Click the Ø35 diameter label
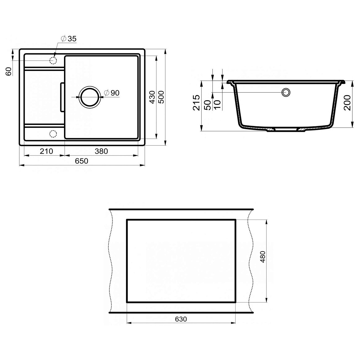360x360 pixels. [68, 39]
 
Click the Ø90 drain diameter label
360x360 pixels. [112, 93]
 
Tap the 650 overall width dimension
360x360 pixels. [82, 161]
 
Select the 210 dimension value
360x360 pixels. [47, 151]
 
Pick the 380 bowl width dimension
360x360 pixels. [101, 151]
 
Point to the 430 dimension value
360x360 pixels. [152, 97]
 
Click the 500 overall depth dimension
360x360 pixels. [161, 97]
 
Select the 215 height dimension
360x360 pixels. [196, 102]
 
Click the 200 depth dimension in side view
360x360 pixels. [347, 102]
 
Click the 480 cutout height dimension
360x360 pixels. [263, 256]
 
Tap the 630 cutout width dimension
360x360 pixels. [181, 319]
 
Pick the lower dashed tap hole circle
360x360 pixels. [53, 134]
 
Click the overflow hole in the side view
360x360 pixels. [286, 92]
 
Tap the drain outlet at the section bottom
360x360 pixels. [285, 130]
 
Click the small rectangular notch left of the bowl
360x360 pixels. [62, 97]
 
